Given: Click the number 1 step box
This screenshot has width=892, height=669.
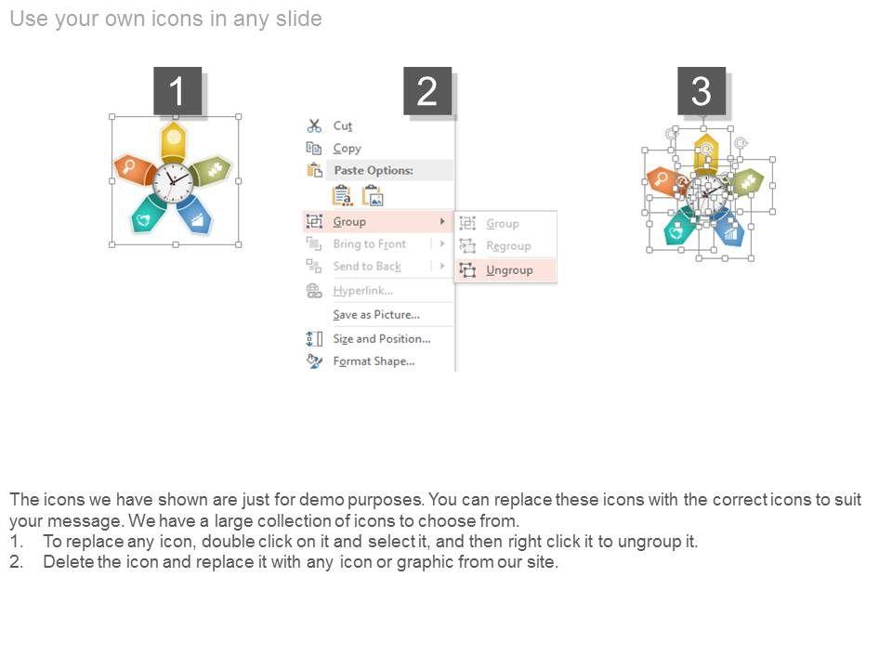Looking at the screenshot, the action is pyautogui.click(x=177, y=91).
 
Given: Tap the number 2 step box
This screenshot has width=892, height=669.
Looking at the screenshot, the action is pyautogui.click(x=427, y=91).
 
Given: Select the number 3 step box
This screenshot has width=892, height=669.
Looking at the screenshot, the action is pyautogui.click(x=702, y=91).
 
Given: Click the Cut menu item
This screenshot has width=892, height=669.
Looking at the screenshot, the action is pyautogui.click(x=343, y=125).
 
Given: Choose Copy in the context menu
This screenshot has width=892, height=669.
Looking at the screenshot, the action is pyautogui.click(x=347, y=149).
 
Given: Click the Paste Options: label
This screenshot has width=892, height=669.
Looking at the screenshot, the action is pyautogui.click(x=374, y=170).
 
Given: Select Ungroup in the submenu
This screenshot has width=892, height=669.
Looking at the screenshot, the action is pyautogui.click(x=509, y=270).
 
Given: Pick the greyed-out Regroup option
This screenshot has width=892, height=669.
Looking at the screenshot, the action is pyautogui.click(x=508, y=245).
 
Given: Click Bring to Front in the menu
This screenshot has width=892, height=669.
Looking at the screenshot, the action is pyautogui.click(x=369, y=244).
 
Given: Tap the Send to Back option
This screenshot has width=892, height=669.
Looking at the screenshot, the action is pyautogui.click(x=367, y=267).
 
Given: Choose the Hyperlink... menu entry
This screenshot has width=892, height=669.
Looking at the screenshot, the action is pyautogui.click(x=362, y=291).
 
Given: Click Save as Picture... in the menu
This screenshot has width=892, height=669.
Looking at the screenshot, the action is pyautogui.click(x=376, y=315).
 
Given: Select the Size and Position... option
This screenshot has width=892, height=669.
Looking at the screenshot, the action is pyautogui.click(x=381, y=339).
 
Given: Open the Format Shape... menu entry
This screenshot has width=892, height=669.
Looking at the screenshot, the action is pyautogui.click(x=374, y=361).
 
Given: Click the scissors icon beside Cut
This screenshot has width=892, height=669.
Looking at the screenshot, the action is pyautogui.click(x=314, y=125).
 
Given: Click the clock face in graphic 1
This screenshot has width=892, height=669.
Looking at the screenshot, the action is pyautogui.click(x=174, y=182).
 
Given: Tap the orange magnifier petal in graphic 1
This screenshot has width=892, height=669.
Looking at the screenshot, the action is pyautogui.click(x=134, y=169).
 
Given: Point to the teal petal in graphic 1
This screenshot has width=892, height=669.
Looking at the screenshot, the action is pyautogui.click(x=148, y=214).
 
